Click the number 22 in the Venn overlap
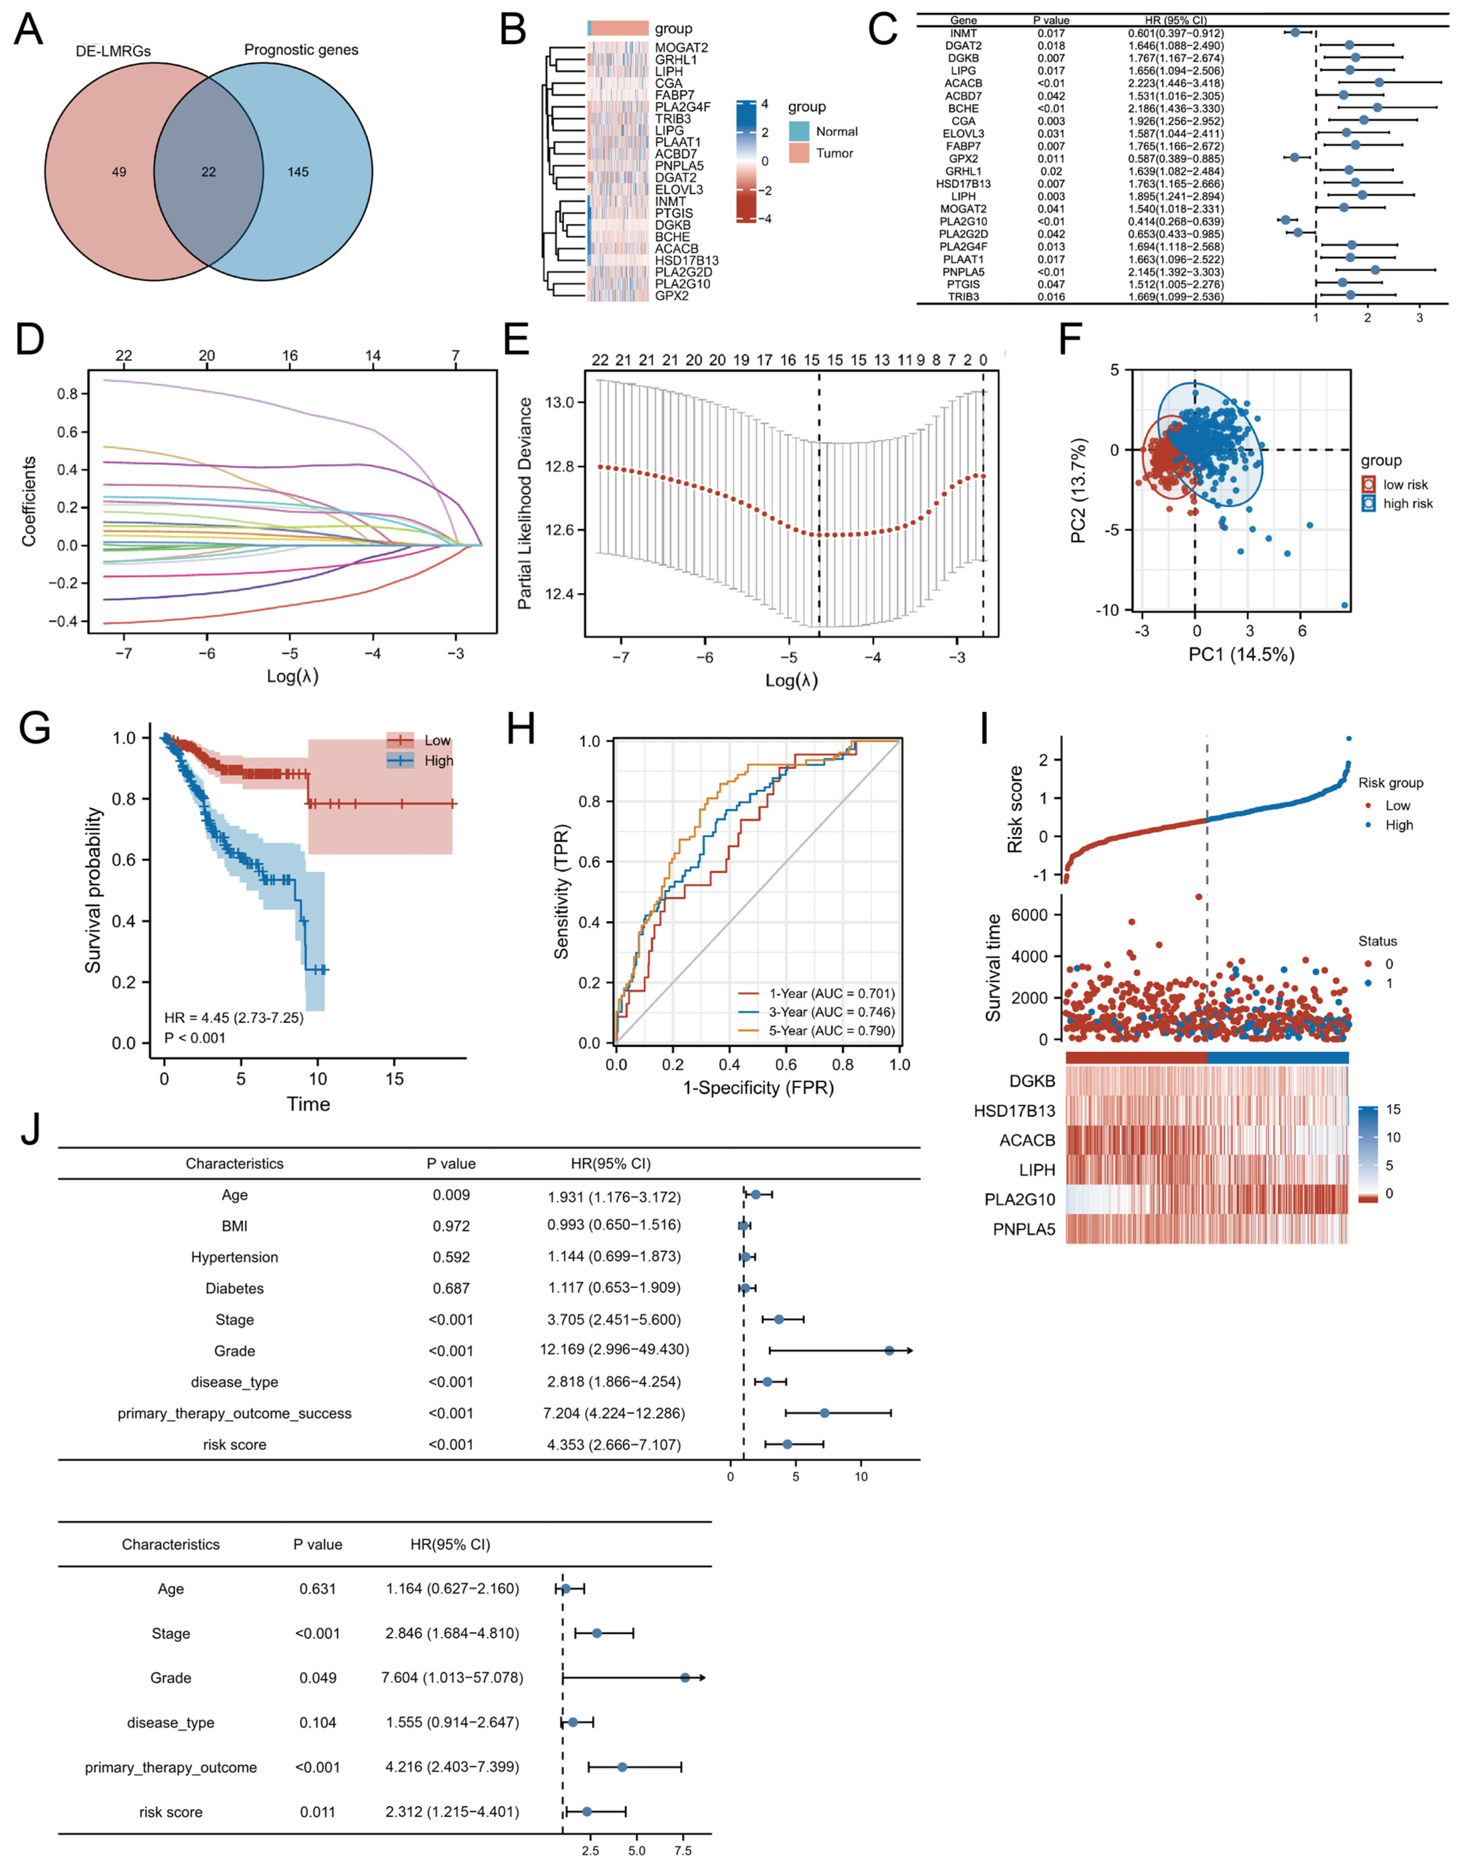pyautogui.click(x=208, y=172)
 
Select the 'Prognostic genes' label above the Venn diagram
pyautogui.click(x=301, y=50)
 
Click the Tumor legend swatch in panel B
pyautogui.click(x=799, y=153)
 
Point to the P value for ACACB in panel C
pyautogui.click(x=1051, y=83)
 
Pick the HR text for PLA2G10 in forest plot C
pyautogui.click(x=1175, y=221)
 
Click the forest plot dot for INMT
pyautogui.click(x=1295, y=32)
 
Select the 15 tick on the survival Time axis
pyautogui.click(x=394, y=1078)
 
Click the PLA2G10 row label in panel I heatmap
pyautogui.click(x=1019, y=1199)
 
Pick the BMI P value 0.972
pyautogui.click(x=451, y=1226)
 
